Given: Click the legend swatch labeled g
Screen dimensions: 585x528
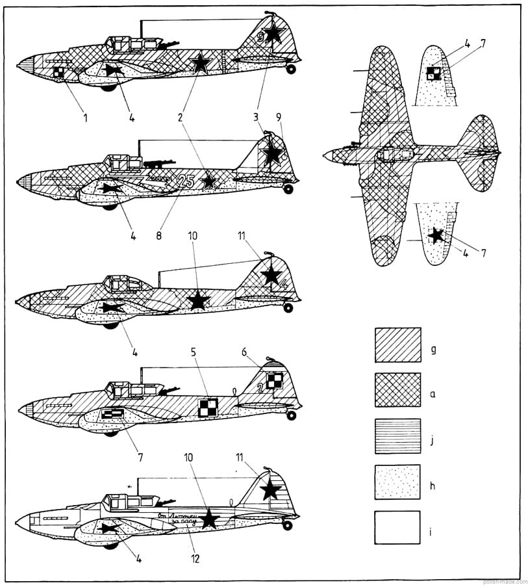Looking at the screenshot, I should [x=397, y=344].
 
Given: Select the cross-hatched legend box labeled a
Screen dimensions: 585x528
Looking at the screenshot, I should [x=397, y=389].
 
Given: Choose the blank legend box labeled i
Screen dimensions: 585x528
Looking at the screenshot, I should [x=397, y=526].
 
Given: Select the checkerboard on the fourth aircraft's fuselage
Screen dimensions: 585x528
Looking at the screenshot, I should [x=207, y=407].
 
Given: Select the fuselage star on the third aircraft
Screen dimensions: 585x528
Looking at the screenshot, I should [x=197, y=300].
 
